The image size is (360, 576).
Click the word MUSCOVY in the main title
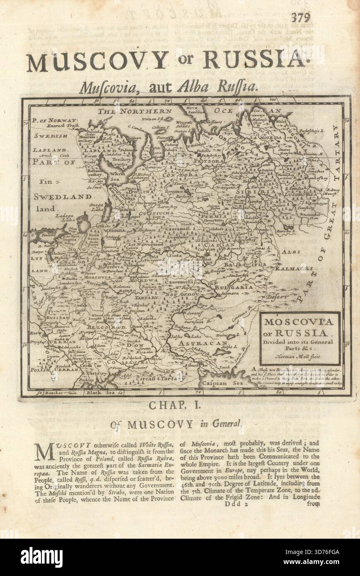97,61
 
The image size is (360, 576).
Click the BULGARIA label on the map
233,287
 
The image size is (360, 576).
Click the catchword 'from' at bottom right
314,505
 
